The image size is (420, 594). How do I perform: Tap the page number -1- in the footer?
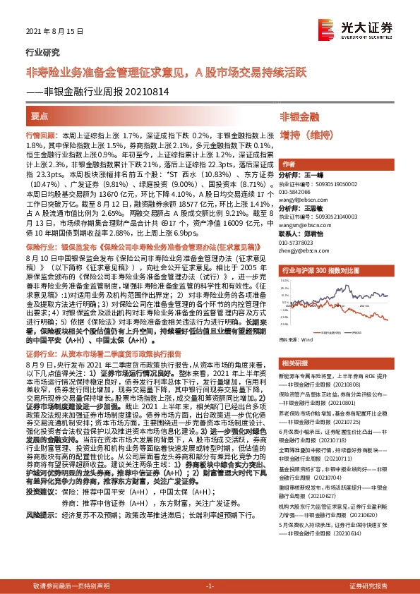coord(210,586)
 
